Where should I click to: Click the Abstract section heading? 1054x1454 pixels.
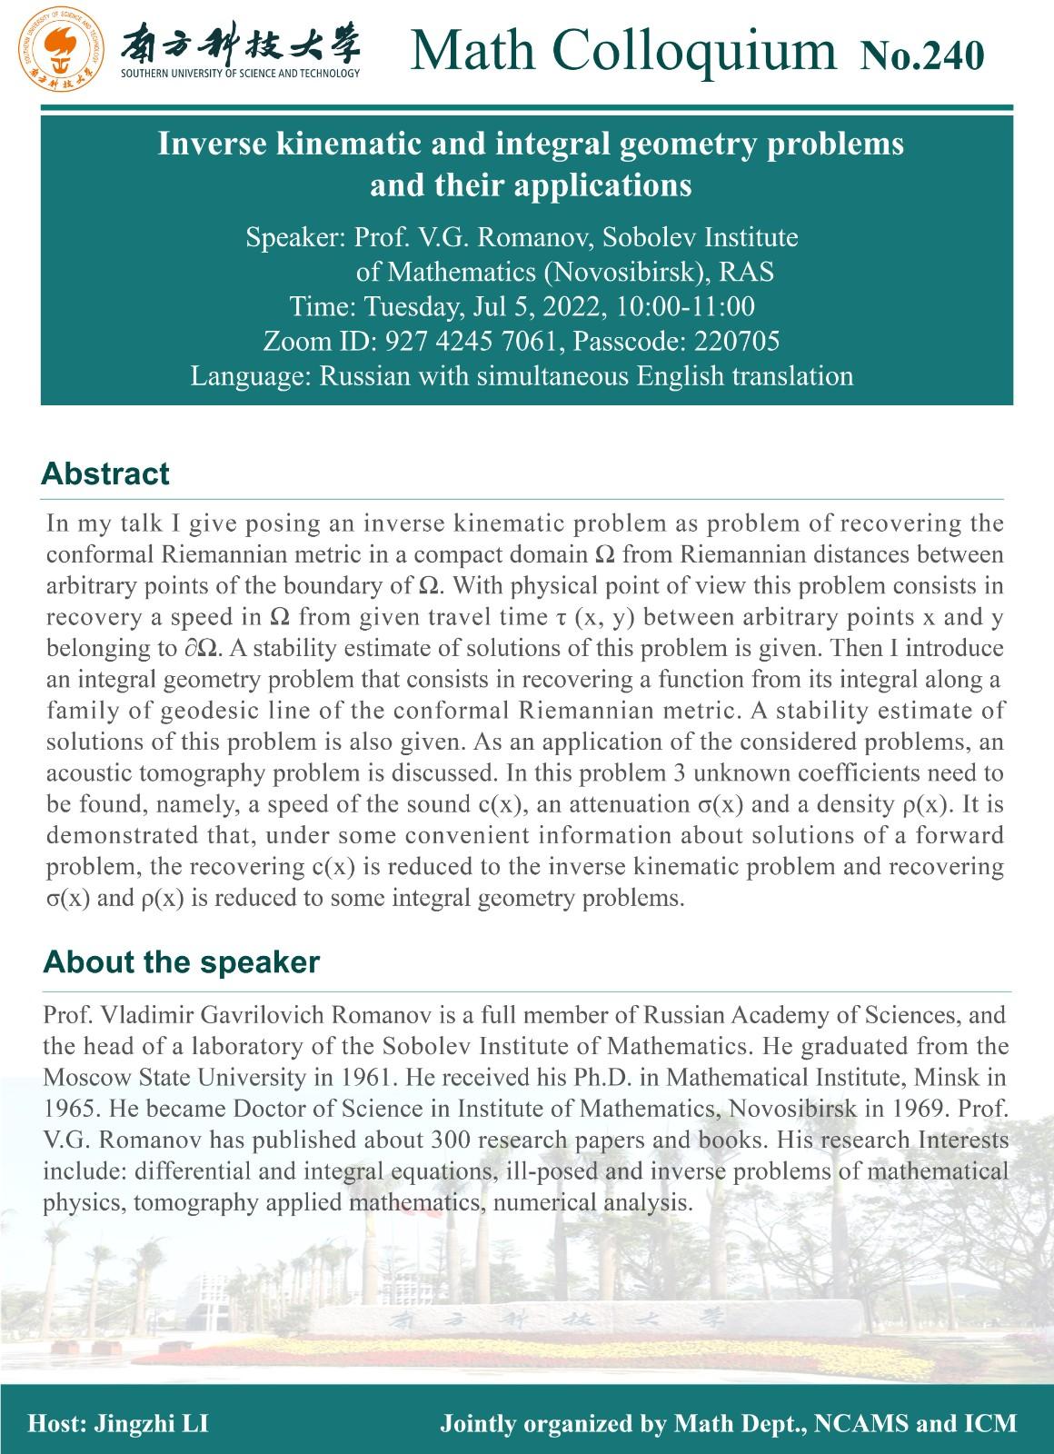(x=105, y=474)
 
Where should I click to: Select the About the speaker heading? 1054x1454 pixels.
(x=181, y=962)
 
